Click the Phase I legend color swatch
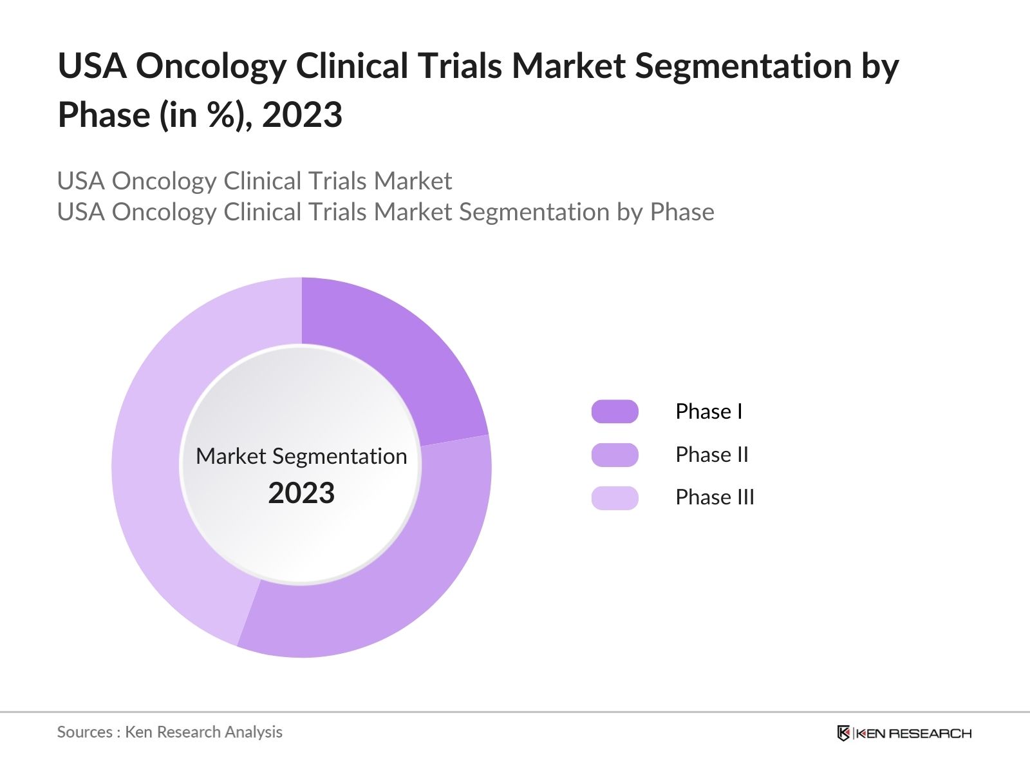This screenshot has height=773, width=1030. pyautogui.click(x=615, y=412)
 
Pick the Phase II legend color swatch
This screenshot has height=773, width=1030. pyautogui.click(x=615, y=455)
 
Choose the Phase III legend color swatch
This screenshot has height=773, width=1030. pyautogui.click(x=615, y=498)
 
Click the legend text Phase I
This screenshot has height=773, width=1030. pyautogui.click(x=709, y=412)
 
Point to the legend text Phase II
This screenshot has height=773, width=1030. pyautogui.click(x=712, y=455)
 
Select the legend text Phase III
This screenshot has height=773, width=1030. pyautogui.click(x=715, y=497)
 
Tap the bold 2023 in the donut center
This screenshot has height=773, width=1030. pyautogui.click(x=301, y=493)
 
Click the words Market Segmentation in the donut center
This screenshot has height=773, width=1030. pyautogui.click(x=301, y=456)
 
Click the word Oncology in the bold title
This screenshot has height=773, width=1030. pyautogui.click(x=211, y=66)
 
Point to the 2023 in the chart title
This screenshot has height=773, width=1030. pyautogui.click(x=302, y=115)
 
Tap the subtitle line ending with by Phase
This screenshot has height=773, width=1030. pyautogui.click(x=386, y=212)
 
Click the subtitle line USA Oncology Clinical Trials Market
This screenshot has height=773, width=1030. pyautogui.click(x=254, y=181)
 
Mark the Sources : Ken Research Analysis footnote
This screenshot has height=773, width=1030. pyautogui.click(x=170, y=732)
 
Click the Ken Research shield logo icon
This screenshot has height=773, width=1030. pyautogui.click(x=843, y=733)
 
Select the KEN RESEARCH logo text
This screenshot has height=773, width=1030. pyautogui.click(x=913, y=733)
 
